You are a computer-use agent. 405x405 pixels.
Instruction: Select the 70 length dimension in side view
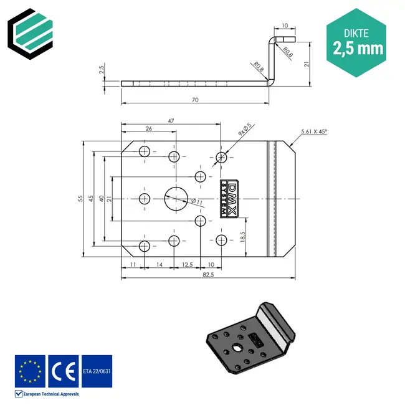(195, 99)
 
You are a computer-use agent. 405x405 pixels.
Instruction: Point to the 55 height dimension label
(80, 198)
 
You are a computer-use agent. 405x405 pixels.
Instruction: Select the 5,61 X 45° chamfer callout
(313, 131)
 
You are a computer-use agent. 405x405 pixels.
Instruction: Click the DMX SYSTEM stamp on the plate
(229, 199)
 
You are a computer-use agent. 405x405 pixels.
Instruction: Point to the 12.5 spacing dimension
(187, 265)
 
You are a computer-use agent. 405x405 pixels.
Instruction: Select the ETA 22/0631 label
(97, 371)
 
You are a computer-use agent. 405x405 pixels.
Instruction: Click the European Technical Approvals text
(51, 394)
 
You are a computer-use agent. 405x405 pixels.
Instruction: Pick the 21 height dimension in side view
(307, 64)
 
